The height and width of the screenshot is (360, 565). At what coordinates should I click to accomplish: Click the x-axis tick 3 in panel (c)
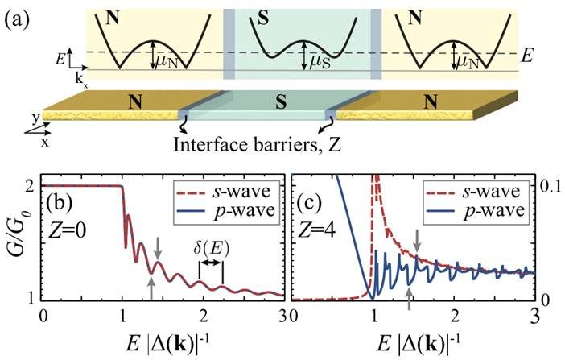[x=534, y=313]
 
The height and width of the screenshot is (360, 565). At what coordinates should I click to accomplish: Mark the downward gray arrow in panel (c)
[x=417, y=238]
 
